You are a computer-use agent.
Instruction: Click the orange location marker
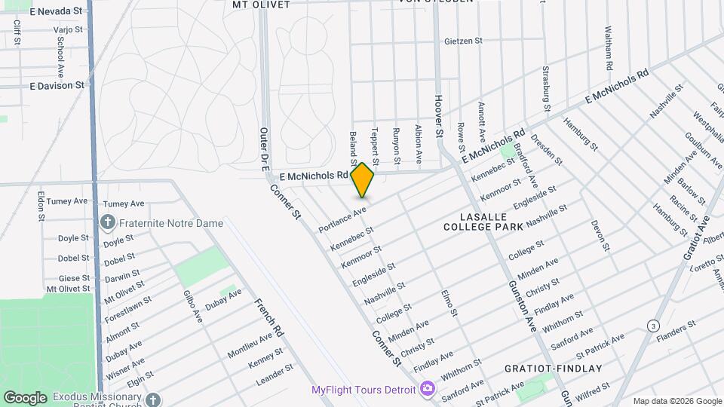tap(362, 180)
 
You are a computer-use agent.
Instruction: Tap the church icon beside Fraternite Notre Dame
tap(108, 222)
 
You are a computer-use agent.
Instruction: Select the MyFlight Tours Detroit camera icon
tap(428, 389)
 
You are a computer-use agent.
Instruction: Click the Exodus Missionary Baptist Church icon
tap(153, 398)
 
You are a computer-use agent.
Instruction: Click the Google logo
tap(25, 397)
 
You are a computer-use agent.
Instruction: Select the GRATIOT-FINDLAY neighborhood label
tap(554, 369)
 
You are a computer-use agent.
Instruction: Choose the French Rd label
tap(268, 317)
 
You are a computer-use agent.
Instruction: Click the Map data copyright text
tap(676, 401)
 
